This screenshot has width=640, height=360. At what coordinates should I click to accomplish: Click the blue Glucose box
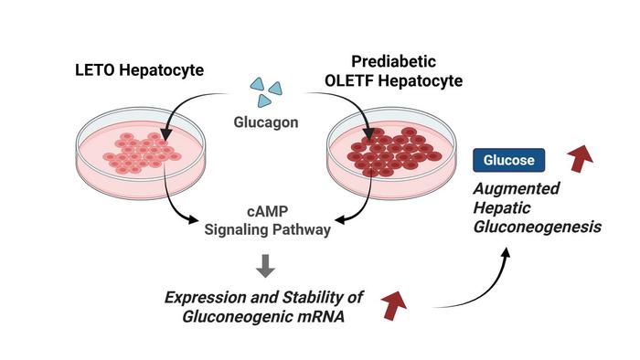click(509, 161)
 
